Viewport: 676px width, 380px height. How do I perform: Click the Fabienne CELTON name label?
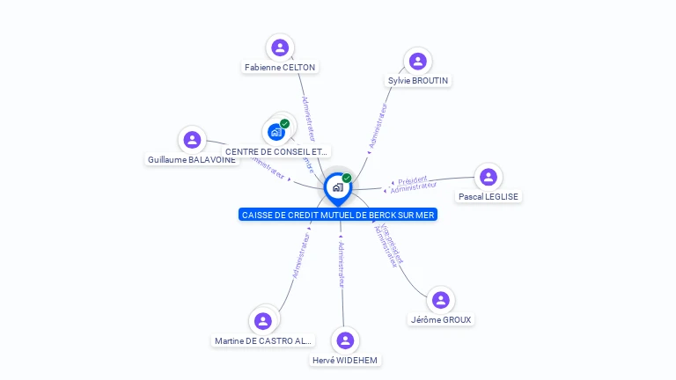click(280, 67)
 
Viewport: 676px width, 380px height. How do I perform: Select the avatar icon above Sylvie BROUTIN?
click(418, 61)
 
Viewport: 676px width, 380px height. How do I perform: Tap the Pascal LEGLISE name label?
click(488, 196)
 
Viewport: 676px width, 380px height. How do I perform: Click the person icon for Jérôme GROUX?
click(441, 300)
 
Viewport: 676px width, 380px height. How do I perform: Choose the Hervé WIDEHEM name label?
click(346, 360)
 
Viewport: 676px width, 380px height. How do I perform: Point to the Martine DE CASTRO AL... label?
click(263, 340)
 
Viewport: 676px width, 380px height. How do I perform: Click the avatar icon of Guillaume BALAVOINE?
click(192, 140)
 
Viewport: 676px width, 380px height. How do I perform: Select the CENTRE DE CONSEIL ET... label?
click(276, 152)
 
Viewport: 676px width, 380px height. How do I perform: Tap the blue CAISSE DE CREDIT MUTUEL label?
click(337, 215)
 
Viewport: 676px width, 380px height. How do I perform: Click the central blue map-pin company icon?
click(337, 186)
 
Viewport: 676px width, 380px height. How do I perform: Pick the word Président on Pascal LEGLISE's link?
click(412, 179)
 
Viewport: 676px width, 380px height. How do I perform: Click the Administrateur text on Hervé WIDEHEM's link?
click(342, 264)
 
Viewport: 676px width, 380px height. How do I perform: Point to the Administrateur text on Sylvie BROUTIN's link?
click(378, 128)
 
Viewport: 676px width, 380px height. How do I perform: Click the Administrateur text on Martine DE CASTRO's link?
click(302, 254)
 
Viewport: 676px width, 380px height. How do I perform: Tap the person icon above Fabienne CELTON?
click(280, 47)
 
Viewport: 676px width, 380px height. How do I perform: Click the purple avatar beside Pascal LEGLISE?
click(489, 177)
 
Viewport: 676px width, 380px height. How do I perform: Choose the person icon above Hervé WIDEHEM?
click(345, 340)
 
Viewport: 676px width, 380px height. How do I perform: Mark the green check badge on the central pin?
click(347, 178)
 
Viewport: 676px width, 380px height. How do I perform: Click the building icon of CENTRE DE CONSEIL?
click(276, 132)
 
